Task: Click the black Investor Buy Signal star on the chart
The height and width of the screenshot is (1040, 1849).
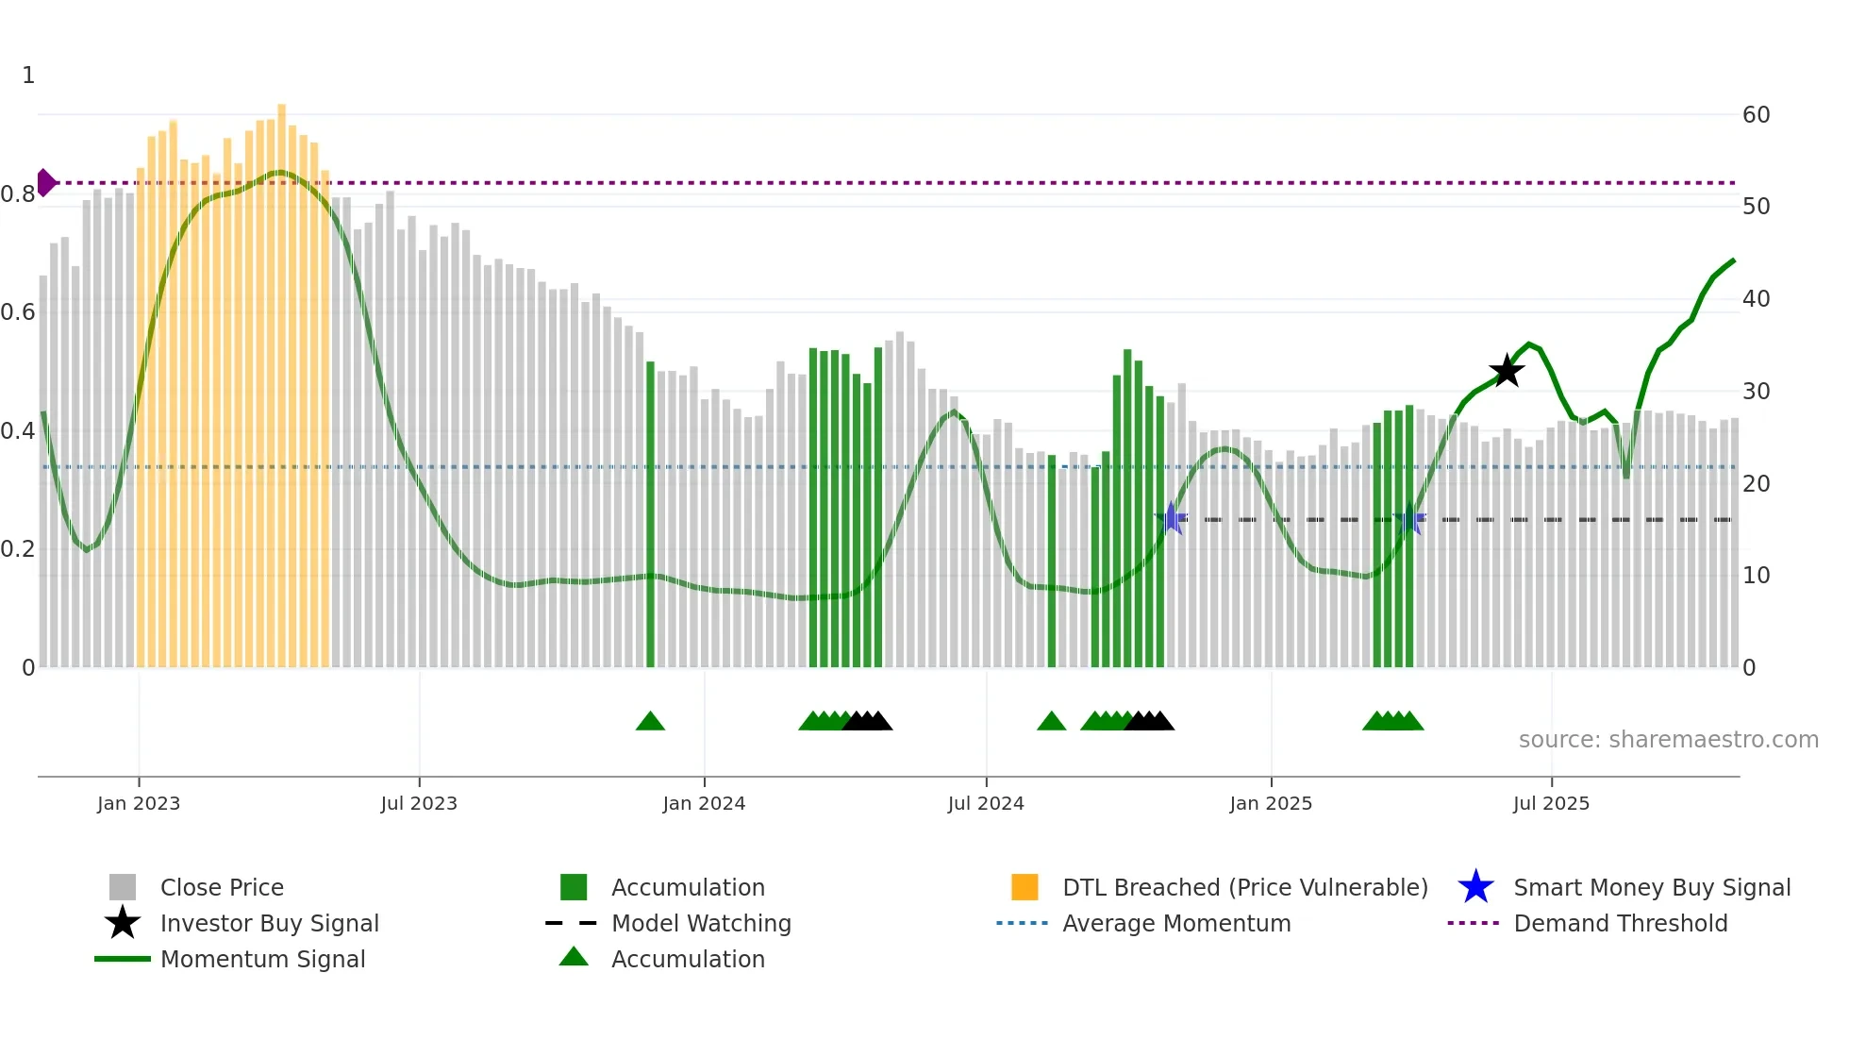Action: [1507, 371]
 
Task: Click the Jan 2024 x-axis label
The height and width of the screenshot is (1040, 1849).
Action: [704, 803]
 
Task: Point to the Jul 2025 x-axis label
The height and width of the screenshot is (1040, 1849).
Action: [1551, 803]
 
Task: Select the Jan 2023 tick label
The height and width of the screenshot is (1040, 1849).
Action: [139, 803]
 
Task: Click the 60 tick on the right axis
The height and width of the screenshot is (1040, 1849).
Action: [1756, 115]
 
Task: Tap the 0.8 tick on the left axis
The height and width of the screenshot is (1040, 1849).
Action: [18, 194]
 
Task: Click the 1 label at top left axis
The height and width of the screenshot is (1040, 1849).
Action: [28, 75]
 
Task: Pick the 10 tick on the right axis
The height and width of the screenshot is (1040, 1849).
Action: [1756, 576]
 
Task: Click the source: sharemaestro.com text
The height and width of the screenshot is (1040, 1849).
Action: [1668, 740]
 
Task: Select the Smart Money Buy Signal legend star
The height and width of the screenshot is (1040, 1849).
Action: [1475, 887]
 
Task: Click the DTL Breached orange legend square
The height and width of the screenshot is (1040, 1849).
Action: [1024, 887]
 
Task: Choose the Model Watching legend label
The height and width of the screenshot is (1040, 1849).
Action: [701, 923]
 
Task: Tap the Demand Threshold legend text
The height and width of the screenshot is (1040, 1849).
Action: [1620, 923]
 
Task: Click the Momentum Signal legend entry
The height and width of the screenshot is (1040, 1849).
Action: [262, 959]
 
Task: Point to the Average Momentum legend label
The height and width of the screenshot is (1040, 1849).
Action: [1176, 923]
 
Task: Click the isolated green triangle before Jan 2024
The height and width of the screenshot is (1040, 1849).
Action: [650, 721]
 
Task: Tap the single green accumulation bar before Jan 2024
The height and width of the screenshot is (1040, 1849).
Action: [650, 514]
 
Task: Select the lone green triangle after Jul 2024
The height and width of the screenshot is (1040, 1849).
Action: [1051, 721]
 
